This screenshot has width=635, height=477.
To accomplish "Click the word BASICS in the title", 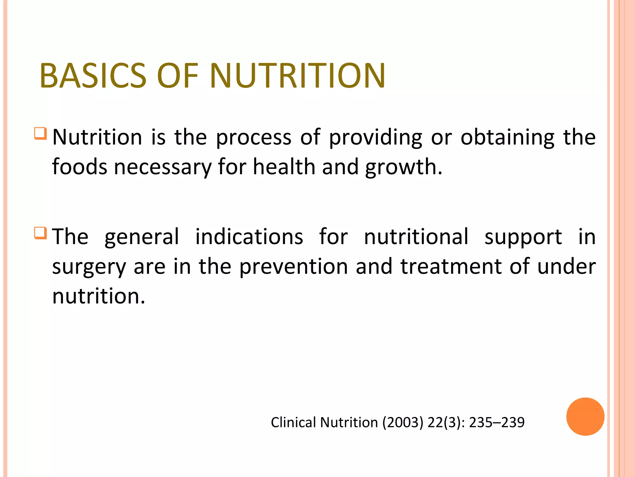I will [x=93, y=76].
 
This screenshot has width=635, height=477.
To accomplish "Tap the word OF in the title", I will [x=177, y=76].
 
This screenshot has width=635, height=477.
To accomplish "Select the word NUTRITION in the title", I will [x=297, y=76].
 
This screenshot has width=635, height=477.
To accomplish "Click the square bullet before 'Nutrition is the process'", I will [x=41, y=134].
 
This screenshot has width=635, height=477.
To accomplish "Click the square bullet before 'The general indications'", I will [x=41, y=233].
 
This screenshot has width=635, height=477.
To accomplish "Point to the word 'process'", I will [x=254, y=137].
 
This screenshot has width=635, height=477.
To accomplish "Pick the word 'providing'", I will [x=375, y=137].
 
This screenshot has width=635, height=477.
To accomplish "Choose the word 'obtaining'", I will [x=507, y=137].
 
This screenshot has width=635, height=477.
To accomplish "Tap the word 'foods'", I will [x=79, y=167].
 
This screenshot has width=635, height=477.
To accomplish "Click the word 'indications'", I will [x=249, y=237].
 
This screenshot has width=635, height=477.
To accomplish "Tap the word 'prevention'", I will [x=294, y=266].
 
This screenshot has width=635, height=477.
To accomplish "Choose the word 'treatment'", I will [x=451, y=266].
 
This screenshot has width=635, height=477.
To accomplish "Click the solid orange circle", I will [x=585, y=416].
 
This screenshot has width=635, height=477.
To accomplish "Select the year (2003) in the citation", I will [x=403, y=422].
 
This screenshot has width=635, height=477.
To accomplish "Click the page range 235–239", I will [x=496, y=422].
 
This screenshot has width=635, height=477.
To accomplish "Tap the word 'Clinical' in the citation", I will [x=293, y=422].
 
